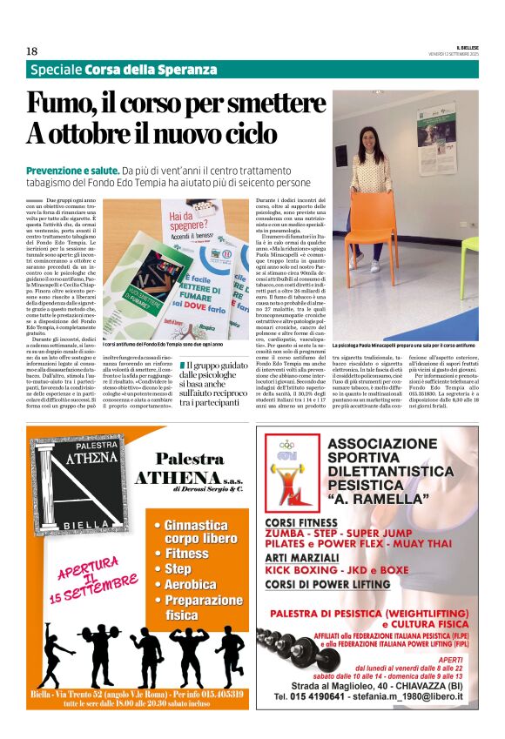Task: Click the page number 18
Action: (x=31, y=51)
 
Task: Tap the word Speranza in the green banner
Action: (x=187, y=70)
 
